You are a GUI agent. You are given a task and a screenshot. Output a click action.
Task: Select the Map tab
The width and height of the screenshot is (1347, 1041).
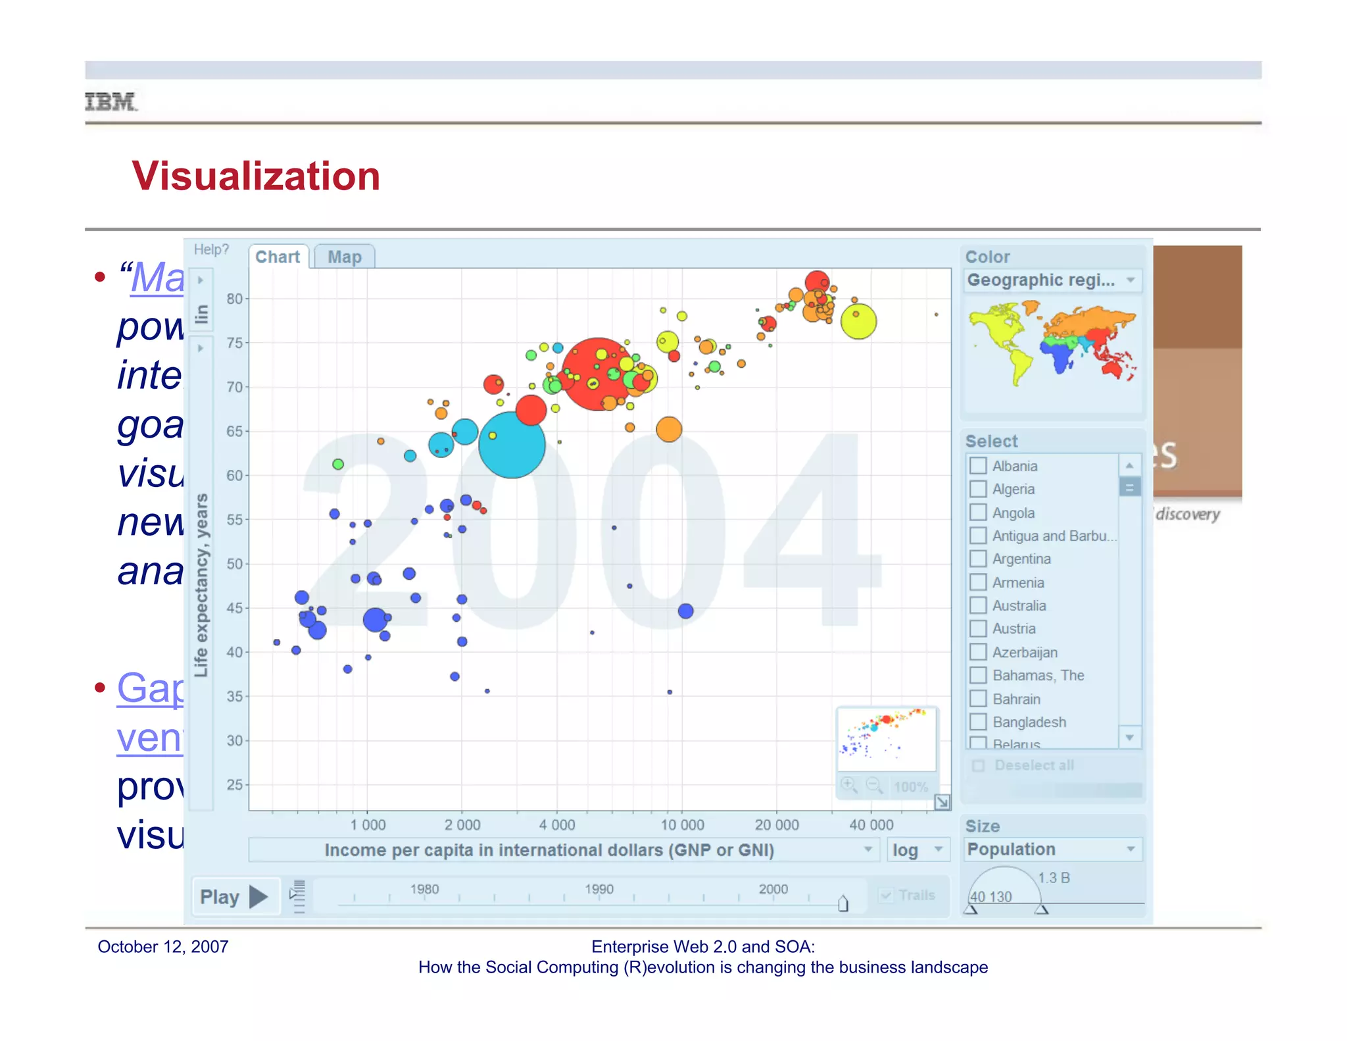pyautogui.click(x=345, y=257)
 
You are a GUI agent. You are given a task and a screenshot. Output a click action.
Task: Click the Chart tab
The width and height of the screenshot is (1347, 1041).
pyautogui.click(x=278, y=257)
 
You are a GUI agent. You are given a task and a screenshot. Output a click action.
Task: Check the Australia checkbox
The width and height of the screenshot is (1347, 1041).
pyautogui.click(x=978, y=605)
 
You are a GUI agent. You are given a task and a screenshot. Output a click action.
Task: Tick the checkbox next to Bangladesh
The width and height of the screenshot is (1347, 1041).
pyautogui.click(x=978, y=722)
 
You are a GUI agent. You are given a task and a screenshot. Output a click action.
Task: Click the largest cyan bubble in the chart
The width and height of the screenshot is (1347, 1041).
pyautogui.click(x=512, y=445)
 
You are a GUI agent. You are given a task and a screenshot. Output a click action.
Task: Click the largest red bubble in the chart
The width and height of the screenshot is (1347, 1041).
pyautogui.click(x=597, y=374)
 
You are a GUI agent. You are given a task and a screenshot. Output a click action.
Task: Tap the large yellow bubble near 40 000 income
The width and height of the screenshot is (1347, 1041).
pyautogui.click(x=858, y=322)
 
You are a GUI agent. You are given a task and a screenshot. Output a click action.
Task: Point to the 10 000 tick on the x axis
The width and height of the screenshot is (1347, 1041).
pyautogui.click(x=682, y=825)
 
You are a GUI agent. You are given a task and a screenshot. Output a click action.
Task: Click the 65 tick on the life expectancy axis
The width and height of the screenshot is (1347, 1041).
pyautogui.click(x=235, y=432)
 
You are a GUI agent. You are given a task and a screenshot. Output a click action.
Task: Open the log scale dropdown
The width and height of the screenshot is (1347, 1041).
pyautogui.click(x=918, y=850)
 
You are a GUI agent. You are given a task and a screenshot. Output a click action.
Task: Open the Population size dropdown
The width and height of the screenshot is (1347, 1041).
pyautogui.click(x=1052, y=850)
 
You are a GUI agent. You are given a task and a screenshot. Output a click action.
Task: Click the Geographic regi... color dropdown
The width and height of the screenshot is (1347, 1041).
pyautogui.click(x=1052, y=280)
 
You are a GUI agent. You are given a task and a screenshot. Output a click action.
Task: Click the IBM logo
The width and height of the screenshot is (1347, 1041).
pyautogui.click(x=111, y=102)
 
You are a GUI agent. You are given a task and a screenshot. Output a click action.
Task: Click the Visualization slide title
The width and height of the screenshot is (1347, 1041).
pyautogui.click(x=256, y=176)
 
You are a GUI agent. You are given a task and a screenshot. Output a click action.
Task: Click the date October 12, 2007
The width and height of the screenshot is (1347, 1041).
pyautogui.click(x=163, y=947)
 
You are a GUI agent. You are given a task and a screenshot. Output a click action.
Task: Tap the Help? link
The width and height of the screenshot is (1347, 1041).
pyautogui.click(x=211, y=249)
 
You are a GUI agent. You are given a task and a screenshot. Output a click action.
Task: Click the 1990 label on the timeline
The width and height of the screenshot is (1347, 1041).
pyautogui.click(x=599, y=889)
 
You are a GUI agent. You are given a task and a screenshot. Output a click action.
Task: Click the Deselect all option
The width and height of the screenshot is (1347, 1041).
pyautogui.click(x=1033, y=765)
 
